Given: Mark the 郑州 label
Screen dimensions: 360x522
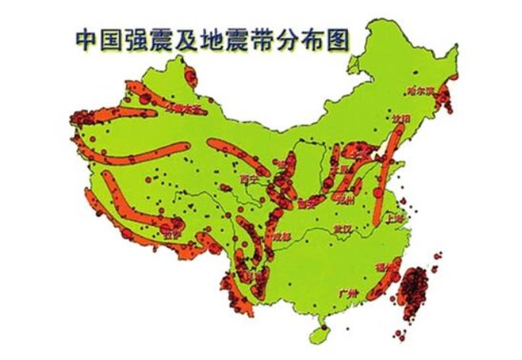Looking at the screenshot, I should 345,200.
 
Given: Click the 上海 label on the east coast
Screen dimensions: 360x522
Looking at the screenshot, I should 395,217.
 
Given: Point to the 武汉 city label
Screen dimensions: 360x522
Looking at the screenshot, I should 340,228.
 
